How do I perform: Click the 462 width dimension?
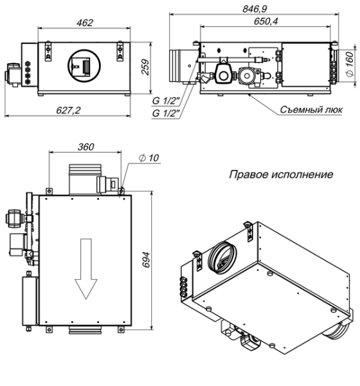[85, 23]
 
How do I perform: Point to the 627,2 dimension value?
[69, 110]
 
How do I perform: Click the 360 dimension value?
[85, 147]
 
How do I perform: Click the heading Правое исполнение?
[280, 174]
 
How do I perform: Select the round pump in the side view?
[223, 74]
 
